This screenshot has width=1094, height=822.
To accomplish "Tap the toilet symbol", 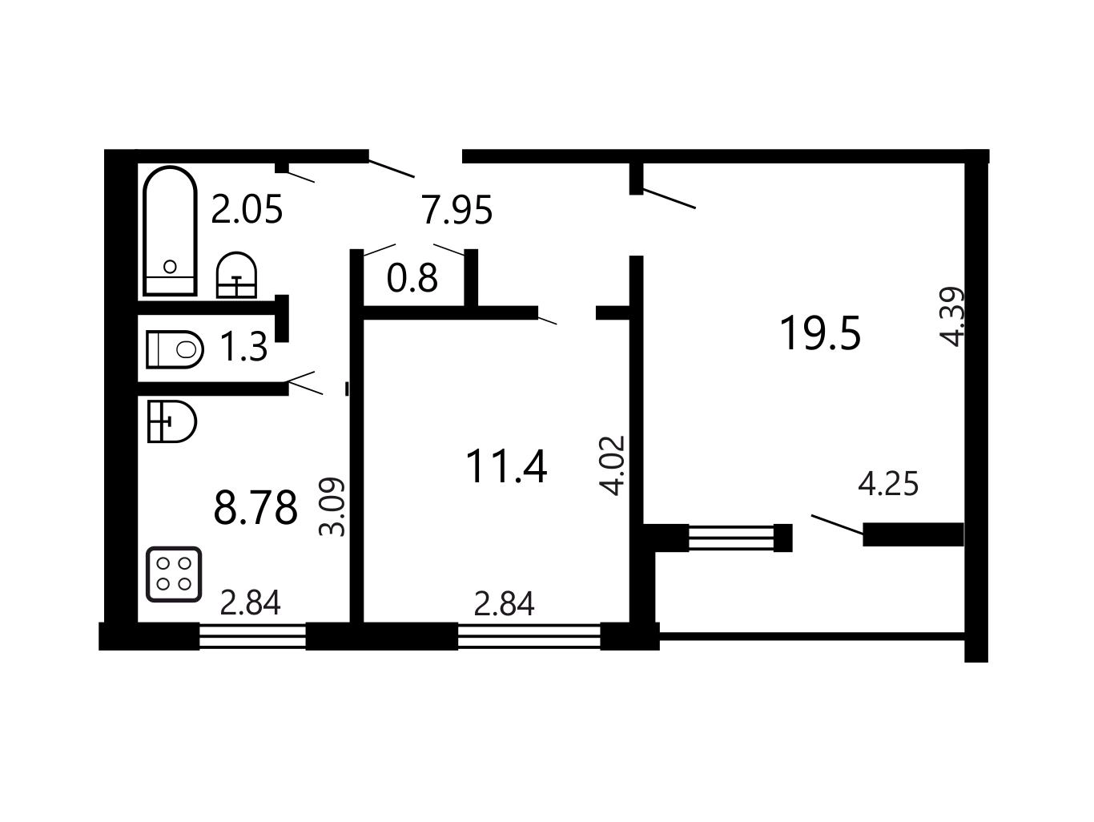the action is coord(175,349).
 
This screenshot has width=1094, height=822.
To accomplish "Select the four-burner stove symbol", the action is coord(174,574).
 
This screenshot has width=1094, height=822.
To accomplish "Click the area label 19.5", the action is coord(820,333).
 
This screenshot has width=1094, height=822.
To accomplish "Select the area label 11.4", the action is coord(506,466).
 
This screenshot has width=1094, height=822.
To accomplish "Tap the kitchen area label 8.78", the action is coord(255,507).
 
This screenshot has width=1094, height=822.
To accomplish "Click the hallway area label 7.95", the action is coord(457,210).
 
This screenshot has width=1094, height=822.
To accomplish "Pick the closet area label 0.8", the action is coord(412,278).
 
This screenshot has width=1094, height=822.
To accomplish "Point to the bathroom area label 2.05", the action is coord(247,209).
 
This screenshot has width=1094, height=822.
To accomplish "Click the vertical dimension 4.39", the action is coord(952,316).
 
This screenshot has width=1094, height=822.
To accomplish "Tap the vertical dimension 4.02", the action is coord(612,465).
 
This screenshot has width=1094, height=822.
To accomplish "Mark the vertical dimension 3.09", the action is coord(332,507).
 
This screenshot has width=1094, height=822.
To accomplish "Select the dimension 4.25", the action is coord(888,484).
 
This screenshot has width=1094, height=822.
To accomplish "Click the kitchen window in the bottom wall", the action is coord(252,636).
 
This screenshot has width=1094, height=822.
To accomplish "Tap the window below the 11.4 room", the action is coord(529,636).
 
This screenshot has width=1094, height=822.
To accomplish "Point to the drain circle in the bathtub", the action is coord(170,267).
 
